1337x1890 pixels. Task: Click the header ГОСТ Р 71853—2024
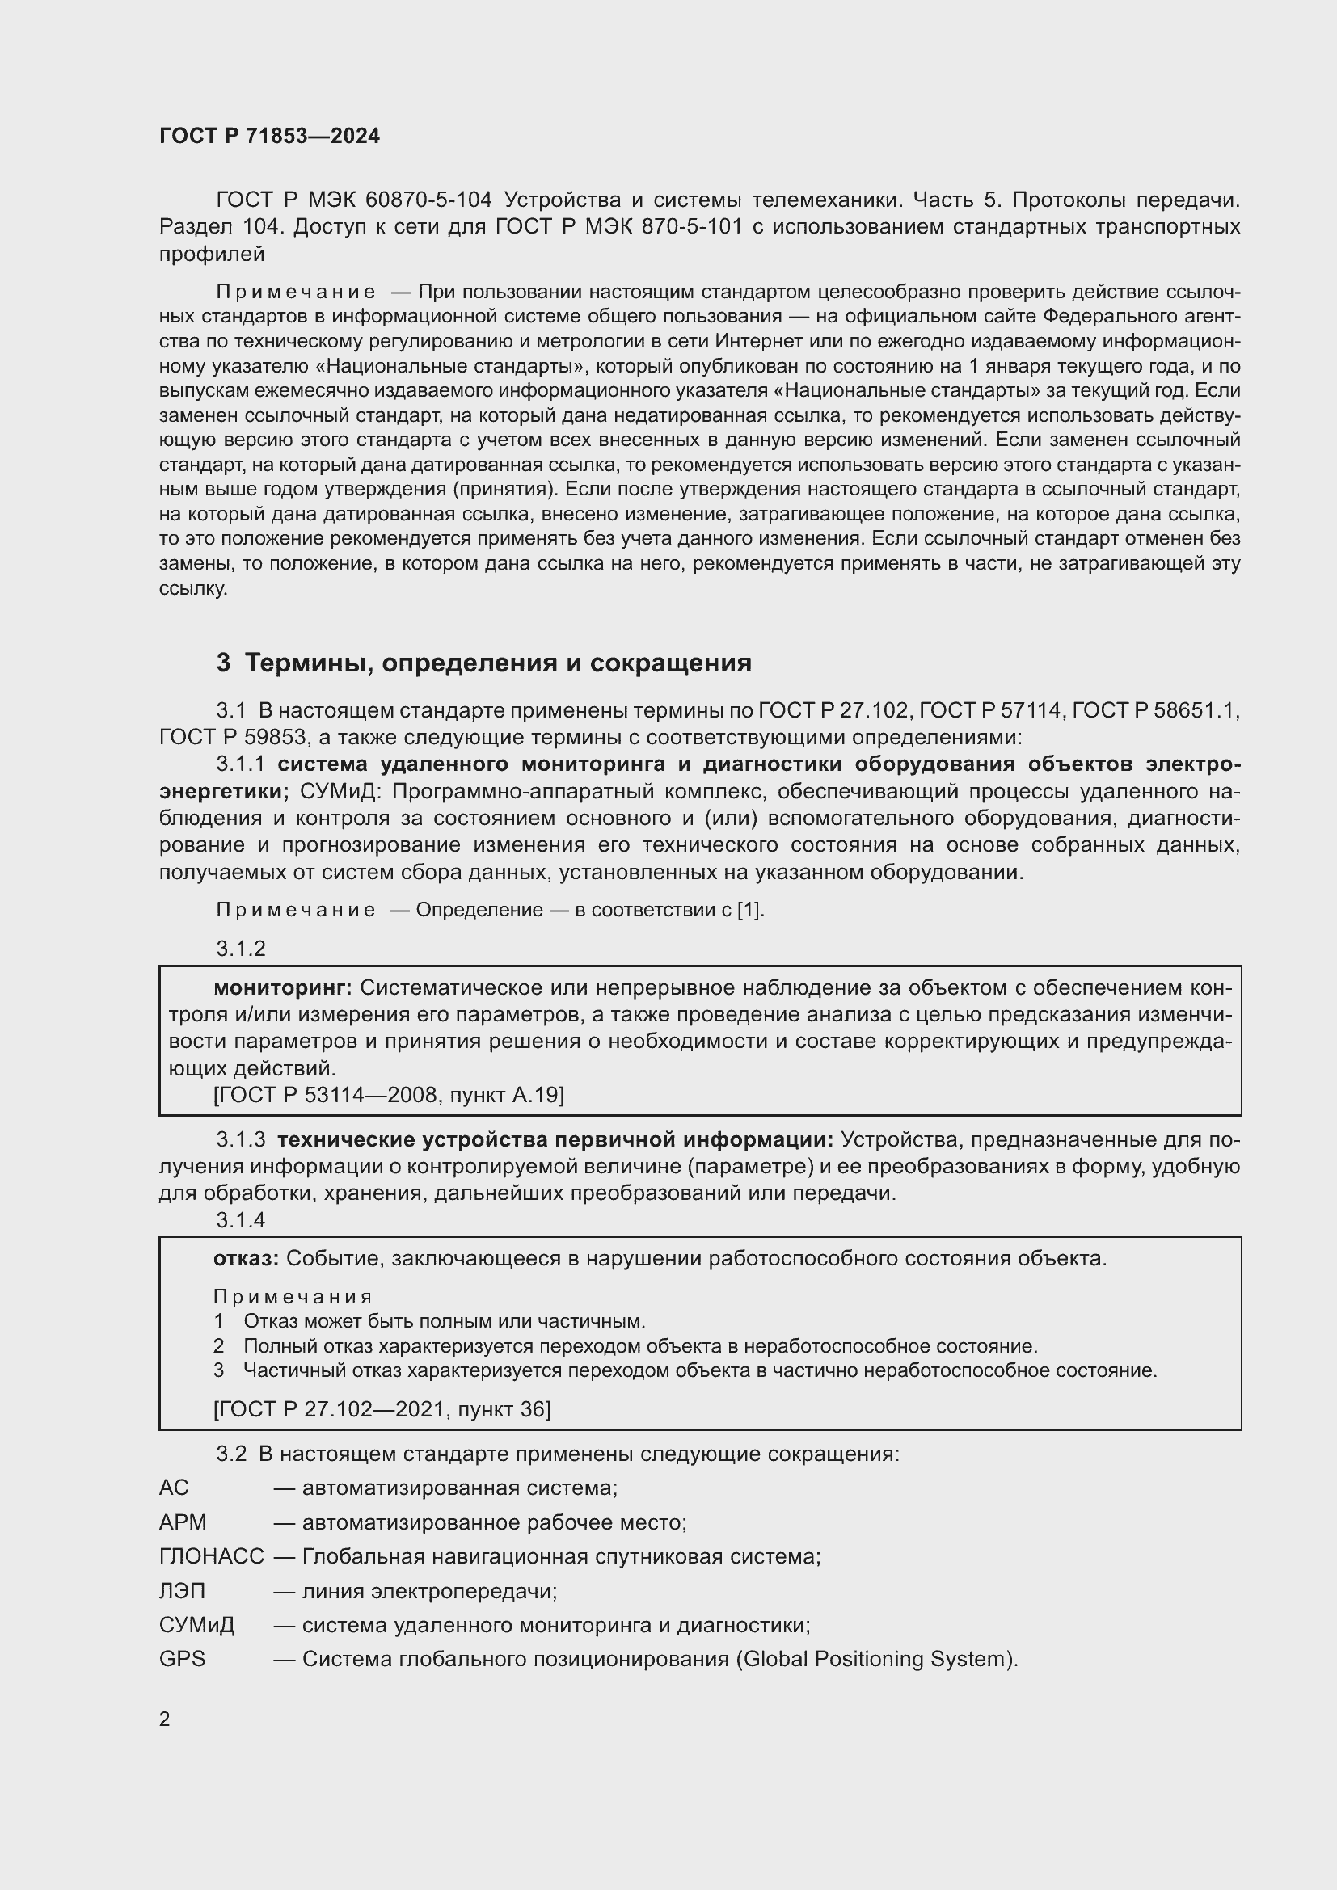point(269,137)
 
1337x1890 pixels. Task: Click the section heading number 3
point(223,663)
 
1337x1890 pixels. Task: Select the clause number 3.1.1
point(240,764)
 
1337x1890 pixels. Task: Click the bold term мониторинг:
point(282,987)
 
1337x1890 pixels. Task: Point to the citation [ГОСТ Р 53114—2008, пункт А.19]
point(388,1096)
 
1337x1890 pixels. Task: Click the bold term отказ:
point(246,1259)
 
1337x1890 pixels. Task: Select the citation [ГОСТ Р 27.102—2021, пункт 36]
point(382,1410)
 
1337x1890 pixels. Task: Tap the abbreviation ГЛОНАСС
point(212,1556)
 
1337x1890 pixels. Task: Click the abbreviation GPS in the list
point(182,1659)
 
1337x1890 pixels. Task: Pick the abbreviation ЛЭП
point(182,1591)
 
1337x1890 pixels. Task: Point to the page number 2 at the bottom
point(165,1720)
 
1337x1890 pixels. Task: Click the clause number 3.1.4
point(240,1220)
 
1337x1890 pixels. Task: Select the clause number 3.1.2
point(240,949)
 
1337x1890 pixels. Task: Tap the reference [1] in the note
point(749,911)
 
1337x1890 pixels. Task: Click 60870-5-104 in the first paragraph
point(428,200)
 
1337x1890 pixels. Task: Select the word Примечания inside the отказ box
point(293,1298)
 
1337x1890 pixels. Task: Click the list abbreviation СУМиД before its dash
point(196,1625)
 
